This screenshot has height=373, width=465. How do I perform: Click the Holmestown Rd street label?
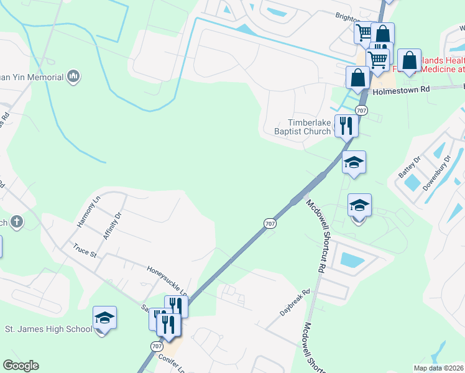[x=401, y=90]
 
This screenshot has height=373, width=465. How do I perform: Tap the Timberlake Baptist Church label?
[x=303, y=127]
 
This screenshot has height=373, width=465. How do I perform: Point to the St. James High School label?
[x=48, y=329]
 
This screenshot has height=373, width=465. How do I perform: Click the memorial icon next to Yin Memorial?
[x=74, y=76]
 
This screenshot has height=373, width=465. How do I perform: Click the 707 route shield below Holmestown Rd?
[x=362, y=110]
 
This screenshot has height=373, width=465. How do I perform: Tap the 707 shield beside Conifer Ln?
[x=156, y=346]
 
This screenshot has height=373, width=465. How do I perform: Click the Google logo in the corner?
[x=21, y=366]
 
